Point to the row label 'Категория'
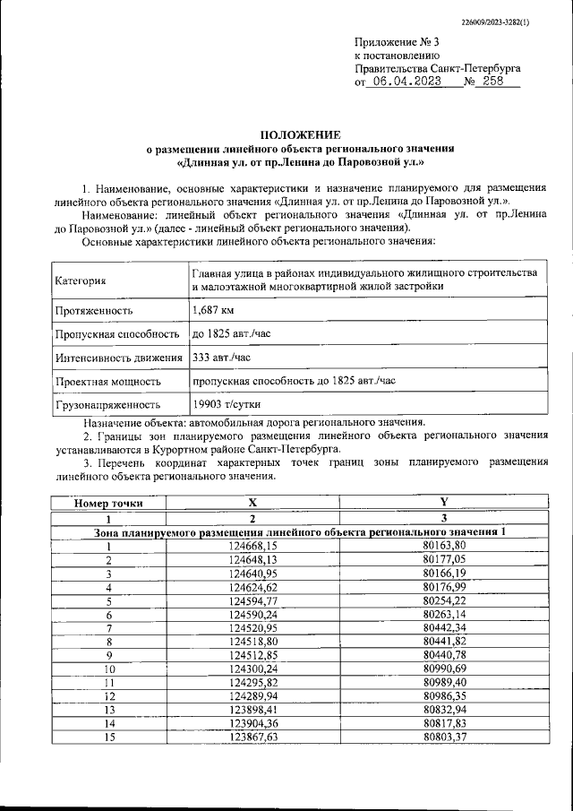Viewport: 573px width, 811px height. (81, 280)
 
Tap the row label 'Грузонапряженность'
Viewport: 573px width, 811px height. (108, 404)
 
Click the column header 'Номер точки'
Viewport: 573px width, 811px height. (108, 504)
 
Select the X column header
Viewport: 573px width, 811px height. (252, 504)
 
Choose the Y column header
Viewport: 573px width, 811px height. (443, 504)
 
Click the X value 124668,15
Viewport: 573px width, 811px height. (253, 546)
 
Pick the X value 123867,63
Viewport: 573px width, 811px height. (253, 737)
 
